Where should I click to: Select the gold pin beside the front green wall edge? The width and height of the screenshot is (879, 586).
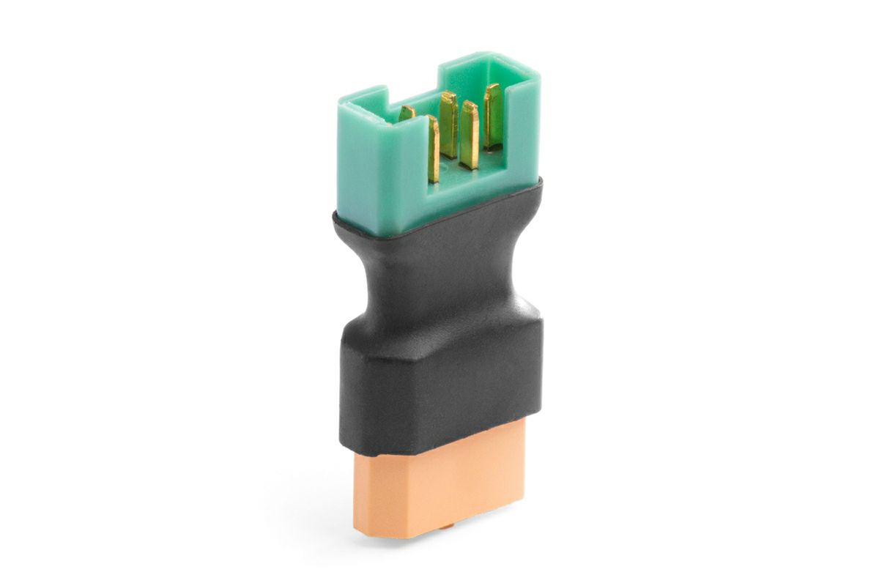433,150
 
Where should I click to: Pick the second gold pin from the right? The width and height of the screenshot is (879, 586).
470,135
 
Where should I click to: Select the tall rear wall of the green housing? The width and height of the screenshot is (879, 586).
476,70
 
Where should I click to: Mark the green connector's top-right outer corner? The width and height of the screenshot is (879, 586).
539,74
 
